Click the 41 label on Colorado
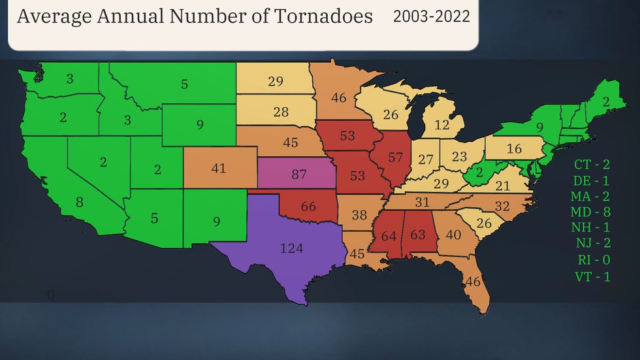click(218, 169)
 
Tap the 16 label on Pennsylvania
click(514, 149)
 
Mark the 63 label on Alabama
click(418, 234)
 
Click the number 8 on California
click(79, 203)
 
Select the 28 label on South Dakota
click(281, 112)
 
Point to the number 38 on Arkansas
click(360, 214)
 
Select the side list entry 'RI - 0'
click(592, 260)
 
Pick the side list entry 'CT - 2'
click(592, 164)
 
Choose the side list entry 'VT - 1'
click(592, 276)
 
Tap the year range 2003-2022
click(431, 16)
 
